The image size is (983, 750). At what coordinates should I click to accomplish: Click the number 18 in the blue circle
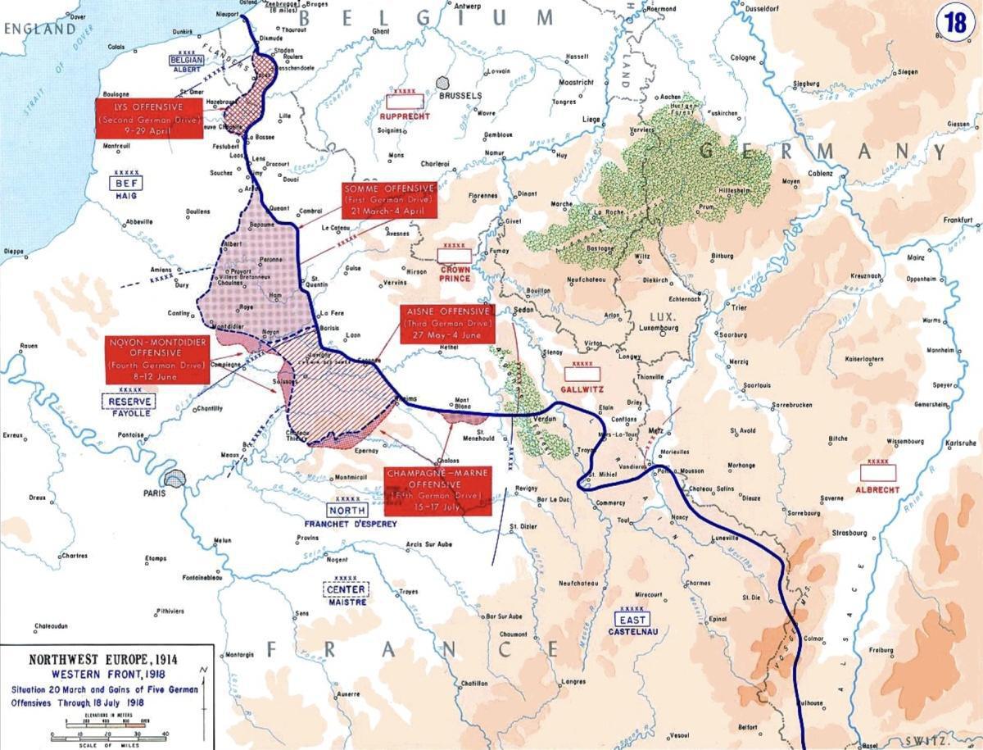click(x=954, y=22)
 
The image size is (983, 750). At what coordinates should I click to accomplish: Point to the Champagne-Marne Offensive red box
click(x=438, y=490)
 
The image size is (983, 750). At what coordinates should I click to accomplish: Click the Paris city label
click(x=153, y=493)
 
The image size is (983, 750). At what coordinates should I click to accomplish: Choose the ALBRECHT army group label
click(x=877, y=489)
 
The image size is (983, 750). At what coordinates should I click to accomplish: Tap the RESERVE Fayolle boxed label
click(x=129, y=401)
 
